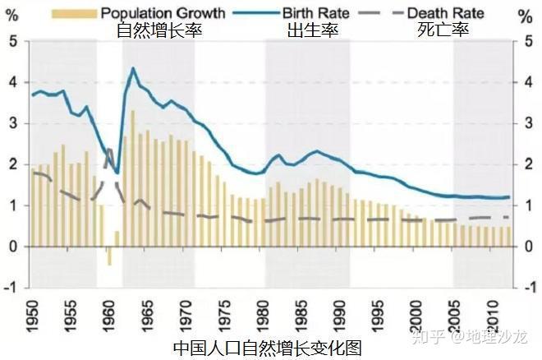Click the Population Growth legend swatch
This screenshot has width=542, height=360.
pos(74,14)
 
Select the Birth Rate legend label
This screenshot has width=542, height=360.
pos(315,13)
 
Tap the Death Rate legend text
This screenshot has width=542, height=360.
pos(446,13)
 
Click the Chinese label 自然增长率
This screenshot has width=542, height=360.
pos(159,30)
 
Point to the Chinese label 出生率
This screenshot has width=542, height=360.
pos(313,30)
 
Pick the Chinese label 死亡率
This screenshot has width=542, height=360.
pos(443,30)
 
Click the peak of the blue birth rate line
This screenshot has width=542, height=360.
pos(133,68)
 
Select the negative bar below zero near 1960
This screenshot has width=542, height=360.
pos(109,256)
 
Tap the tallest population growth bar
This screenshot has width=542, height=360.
pos(133,178)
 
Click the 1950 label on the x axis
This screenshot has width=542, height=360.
pos(33,316)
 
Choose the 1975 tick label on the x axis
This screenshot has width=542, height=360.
pos(225,316)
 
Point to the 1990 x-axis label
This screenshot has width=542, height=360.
pos(340,316)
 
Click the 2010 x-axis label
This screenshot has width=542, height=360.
pos(494,316)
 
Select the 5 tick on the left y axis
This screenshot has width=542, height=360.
pos(14,41)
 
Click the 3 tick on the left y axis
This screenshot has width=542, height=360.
pos(14,123)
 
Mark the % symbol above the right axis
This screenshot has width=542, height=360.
pos(526,16)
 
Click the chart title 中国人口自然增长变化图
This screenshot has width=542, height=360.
pos(267,348)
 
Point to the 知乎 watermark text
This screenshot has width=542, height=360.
pos(428,336)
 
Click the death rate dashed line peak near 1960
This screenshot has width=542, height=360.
pos(109,149)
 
